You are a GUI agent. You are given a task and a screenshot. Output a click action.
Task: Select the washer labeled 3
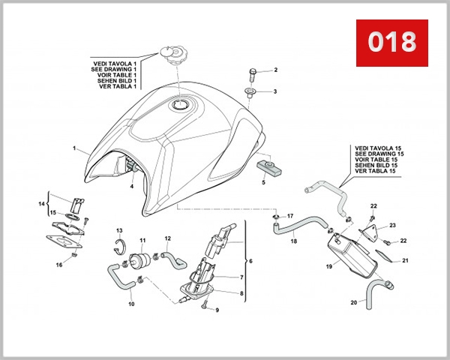tap(250, 94)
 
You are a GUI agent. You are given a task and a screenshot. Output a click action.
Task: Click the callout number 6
tap(250, 262)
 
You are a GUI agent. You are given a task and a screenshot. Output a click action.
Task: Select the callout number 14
tap(42, 203)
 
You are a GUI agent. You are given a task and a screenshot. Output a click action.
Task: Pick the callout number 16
tap(58, 265)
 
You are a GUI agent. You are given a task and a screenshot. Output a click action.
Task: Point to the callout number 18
tap(294, 241)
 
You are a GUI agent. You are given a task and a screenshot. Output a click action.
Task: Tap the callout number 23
tap(391, 225)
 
